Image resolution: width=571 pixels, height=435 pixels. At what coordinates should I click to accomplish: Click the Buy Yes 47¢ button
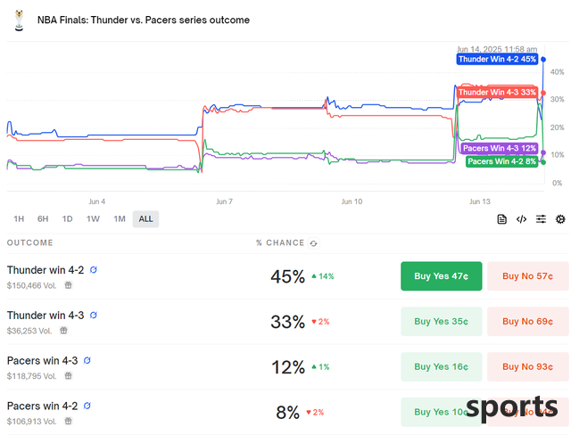pyautogui.click(x=441, y=276)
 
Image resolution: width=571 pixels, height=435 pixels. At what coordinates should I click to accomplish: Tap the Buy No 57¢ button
pyautogui.click(x=527, y=276)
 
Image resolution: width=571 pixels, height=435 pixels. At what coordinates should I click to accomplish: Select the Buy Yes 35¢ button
pyautogui.click(x=441, y=322)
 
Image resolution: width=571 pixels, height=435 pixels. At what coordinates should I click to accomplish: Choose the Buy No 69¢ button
pyautogui.click(x=527, y=322)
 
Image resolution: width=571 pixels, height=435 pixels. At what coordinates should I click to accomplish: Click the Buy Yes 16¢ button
pyautogui.click(x=441, y=366)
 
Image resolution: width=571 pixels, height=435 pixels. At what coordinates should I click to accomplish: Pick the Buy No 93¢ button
pyautogui.click(x=527, y=366)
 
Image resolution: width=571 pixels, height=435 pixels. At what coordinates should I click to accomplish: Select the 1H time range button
pyautogui.click(x=19, y=219)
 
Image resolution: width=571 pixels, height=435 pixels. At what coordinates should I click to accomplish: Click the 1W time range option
pyautogui.click(x=93, y=219)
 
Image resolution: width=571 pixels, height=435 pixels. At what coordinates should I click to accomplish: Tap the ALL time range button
pyautogui.click(x=145, y=219)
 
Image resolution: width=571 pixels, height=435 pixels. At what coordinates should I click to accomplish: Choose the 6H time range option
pyautogui.click(x=43, y=219)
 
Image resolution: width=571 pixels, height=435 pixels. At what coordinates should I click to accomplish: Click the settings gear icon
pyautogui.click(x=560, y=219)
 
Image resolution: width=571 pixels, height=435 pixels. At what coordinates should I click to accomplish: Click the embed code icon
pyautogui.click(x=521, y=219)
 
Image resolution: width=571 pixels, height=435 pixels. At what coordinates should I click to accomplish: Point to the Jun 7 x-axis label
pyautogui.click(x=224, y=201)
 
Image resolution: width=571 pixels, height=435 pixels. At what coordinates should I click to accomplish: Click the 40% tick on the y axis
pyautogui.click(x=558, y=71)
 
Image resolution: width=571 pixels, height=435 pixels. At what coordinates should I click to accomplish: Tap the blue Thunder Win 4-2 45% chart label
pyautogui.click(x=497, y=59)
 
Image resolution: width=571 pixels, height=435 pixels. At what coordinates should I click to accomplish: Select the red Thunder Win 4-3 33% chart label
pyautogui.click(x=497, y=92)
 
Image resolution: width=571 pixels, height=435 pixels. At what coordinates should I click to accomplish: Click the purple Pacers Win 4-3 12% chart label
pyautogui.click(x=500, y=148)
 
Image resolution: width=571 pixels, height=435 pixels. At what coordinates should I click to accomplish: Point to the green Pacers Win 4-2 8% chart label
pyautogui.click(x=502, y=161)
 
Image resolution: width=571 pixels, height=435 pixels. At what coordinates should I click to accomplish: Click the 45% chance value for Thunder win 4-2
pyautogui.click(x=287, y=276)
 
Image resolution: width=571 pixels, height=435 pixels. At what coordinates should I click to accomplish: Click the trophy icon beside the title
pyautogui.click(x=18, y=20)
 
